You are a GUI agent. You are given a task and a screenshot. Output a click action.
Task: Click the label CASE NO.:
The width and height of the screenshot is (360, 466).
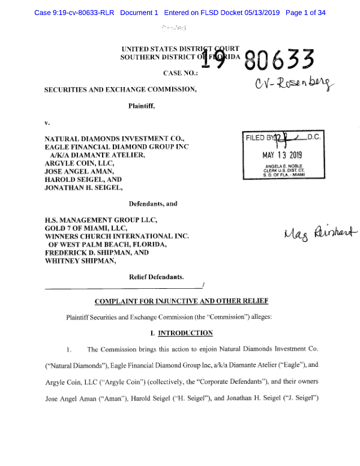click(x=180, y=73)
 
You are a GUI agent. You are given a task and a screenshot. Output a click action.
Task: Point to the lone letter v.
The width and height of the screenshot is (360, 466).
click(x=47, y=123)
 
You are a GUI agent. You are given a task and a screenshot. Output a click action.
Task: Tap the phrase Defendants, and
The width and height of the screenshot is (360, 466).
click(x=153, y=204)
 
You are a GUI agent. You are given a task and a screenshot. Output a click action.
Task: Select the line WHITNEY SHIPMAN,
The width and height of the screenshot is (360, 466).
click(x=80, y=261)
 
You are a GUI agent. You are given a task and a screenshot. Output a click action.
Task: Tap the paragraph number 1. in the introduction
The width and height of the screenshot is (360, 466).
click(x=69, y=349)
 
